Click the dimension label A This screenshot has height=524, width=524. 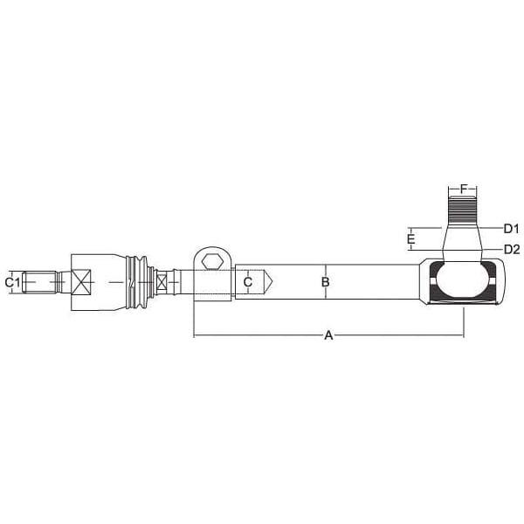click(x=329, y=334)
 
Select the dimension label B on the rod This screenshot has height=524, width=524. click(x=325, y=282)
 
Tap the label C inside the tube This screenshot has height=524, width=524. click(x=248, y=282)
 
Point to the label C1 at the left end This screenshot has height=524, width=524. click(x=12, y=282)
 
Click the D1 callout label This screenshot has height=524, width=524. click(x=511, y=229)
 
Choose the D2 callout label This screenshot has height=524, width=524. click(x=512, y=249)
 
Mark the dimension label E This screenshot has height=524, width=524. click(x=411, y=239)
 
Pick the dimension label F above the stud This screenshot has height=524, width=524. click(x=463, y=189)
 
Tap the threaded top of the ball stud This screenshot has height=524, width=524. click(x=462, y=210)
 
